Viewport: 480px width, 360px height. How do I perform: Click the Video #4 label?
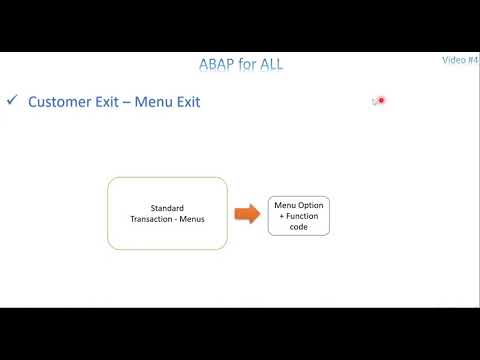point(460,60)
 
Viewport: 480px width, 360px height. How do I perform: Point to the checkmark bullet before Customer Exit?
point(12,101)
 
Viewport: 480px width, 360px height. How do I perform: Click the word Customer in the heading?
point(62,102)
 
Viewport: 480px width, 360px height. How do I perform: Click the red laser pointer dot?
point(381,100)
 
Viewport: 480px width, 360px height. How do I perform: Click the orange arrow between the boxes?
point(247,213)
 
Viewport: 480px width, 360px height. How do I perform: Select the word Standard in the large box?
point(167,208)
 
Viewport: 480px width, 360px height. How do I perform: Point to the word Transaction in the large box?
point(154,219)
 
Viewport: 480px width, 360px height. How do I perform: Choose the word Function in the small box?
point(302,216)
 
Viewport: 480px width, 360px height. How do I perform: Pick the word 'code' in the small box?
point(298,227)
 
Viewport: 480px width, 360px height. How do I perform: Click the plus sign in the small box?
point(279,216)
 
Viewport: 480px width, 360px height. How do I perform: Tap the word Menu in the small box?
point(285,205)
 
